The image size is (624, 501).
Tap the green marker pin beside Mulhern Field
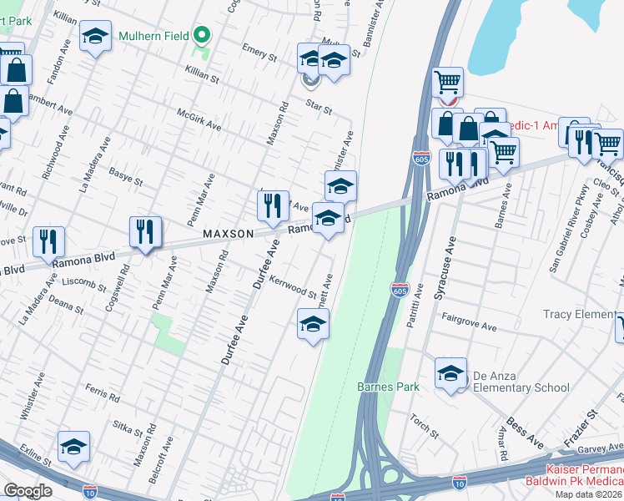pyautogui.click(x=201, y=37)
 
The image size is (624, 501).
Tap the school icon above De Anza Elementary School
pyautogui.click(x=450, y=372)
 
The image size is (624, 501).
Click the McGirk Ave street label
pyautogui.click(x=199, y=119)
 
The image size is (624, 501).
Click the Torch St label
pyautogui.click(x=424, y=426)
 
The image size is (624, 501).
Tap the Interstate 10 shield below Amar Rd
pyautogui.click(x=459, y=483)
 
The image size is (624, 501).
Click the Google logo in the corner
pyautogui.click(x=28, y=491)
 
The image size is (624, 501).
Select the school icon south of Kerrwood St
pyautogui.click(x=313, y=324)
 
